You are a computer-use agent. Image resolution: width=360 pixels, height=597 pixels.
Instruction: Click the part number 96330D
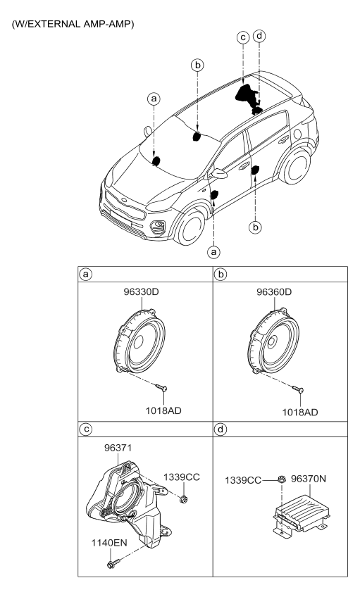pyautogui.click(x=141, y=292)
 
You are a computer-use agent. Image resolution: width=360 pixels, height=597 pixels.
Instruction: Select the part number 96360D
pyautogui.click(x=274, y=292)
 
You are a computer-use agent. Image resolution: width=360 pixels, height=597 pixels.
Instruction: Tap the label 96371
pyautogui.click(x=118, y=448)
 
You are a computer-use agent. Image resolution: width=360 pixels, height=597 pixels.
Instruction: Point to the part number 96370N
pyautogui.click(x=309, y=479)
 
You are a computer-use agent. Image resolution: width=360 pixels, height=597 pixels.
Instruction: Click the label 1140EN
pyautogui.click(x=109, y=543)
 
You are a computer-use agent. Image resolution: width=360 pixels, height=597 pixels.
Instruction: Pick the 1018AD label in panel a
pyautogui.click(x=163, y=411)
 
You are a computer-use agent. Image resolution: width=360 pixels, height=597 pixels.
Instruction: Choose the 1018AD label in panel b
pyautogui.click(x=300, y=413)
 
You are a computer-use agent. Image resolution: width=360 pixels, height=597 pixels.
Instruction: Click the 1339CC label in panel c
pyautogui.click(x=182, y=477)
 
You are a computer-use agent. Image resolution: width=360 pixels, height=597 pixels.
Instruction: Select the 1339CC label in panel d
pyautogui.click(x=243, y=481)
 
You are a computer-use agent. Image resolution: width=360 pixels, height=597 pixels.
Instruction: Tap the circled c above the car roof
pyautogui.click(x=242, y=38)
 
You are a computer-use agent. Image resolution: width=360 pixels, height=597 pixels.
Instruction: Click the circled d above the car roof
pyautogui.click(x=259, y=36)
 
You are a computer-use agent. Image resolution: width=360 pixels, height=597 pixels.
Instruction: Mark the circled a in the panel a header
pyautogui.click(x=86, y=274)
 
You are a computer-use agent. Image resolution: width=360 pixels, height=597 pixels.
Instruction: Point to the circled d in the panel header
pyautogui.click(x=221, y=429)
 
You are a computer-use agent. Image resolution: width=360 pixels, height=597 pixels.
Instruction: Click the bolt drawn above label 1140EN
pyautogui.click(x=113, y=563)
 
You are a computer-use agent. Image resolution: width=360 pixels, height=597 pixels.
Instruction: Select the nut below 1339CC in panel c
pyautogui.click(x=184, y=499)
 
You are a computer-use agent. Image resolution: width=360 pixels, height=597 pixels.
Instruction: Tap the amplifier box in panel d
pyautogui.click(x=299, y=515)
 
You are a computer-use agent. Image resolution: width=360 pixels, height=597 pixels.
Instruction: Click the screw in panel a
pyautogui.click(x=162, y=388)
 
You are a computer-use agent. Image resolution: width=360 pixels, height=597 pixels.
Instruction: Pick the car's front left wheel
pyautogui.click(x=190, y=228)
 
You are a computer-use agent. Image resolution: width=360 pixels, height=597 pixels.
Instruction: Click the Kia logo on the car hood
pyautogui.click(x=124, y=199)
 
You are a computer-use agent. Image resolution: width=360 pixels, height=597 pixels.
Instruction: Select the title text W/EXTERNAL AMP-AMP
pyautogui.click(x=73, y=24)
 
